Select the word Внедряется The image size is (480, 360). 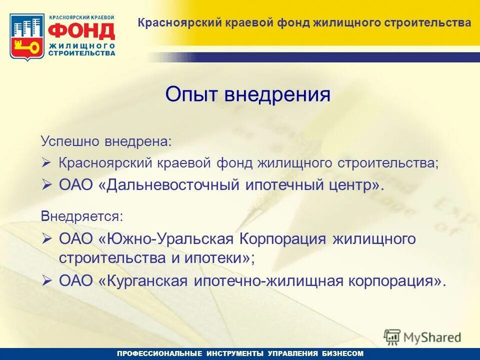(81, 216)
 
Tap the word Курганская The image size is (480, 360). (144, 281)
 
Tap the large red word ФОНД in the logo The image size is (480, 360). (81, 31)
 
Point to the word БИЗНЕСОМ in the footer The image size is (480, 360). (342, 353)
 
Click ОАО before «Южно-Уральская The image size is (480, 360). (76, 239)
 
